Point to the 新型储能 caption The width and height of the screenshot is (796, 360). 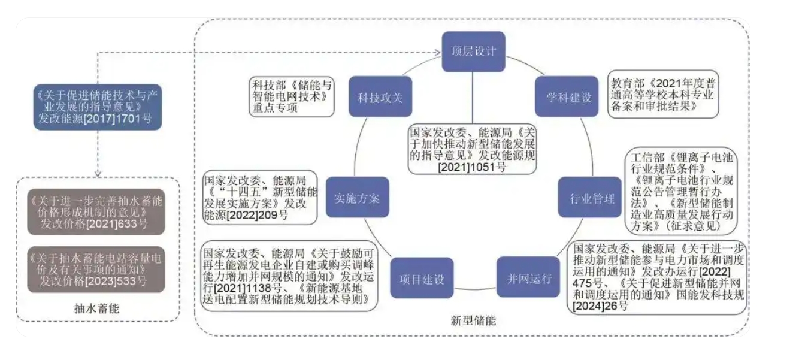(x=473, y=320)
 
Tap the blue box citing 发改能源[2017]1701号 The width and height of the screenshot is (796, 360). (x=97, y=107)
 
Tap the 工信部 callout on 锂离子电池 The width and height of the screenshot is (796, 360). (x=682, y=192)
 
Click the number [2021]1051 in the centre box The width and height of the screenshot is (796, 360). (x=468, y=166)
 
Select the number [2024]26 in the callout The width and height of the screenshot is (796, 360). (x=600, y=307)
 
